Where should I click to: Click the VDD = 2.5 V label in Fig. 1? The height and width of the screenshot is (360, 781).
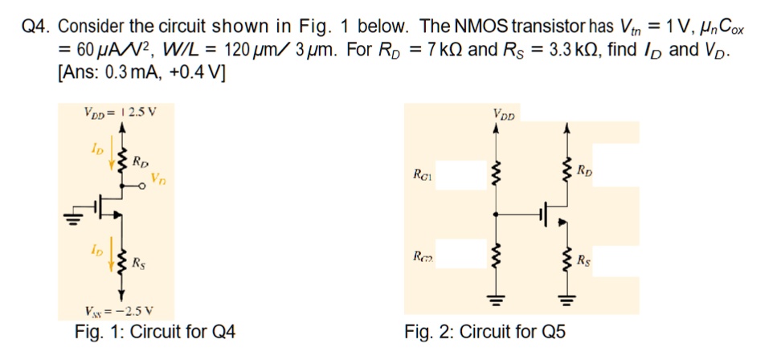pyautogui.click(x=120, y=111)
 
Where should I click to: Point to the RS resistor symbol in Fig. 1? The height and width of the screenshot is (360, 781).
pyautogui.click(x=121, y=260)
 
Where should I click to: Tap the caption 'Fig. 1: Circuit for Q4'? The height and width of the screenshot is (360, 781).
pyautogui.click(x=155, y=331)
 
